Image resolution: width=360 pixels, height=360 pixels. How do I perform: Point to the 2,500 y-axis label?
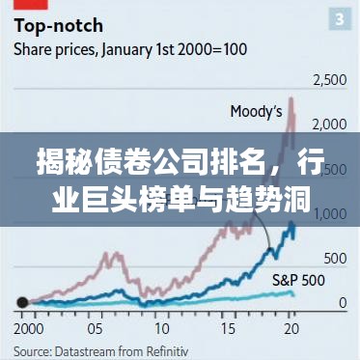[x=328, y=79]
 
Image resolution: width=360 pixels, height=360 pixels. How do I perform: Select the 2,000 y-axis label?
[x=328, y=125]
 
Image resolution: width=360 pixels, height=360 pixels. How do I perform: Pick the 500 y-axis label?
[x=335, y=259]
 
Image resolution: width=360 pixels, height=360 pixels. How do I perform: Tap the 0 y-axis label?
[x=342, y=303]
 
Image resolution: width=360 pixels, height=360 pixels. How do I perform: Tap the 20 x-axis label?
[x=291, y=327]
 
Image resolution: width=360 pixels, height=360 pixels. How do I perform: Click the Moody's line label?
[x=255, y=111]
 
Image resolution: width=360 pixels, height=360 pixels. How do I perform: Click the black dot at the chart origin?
[x=22, y=303]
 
